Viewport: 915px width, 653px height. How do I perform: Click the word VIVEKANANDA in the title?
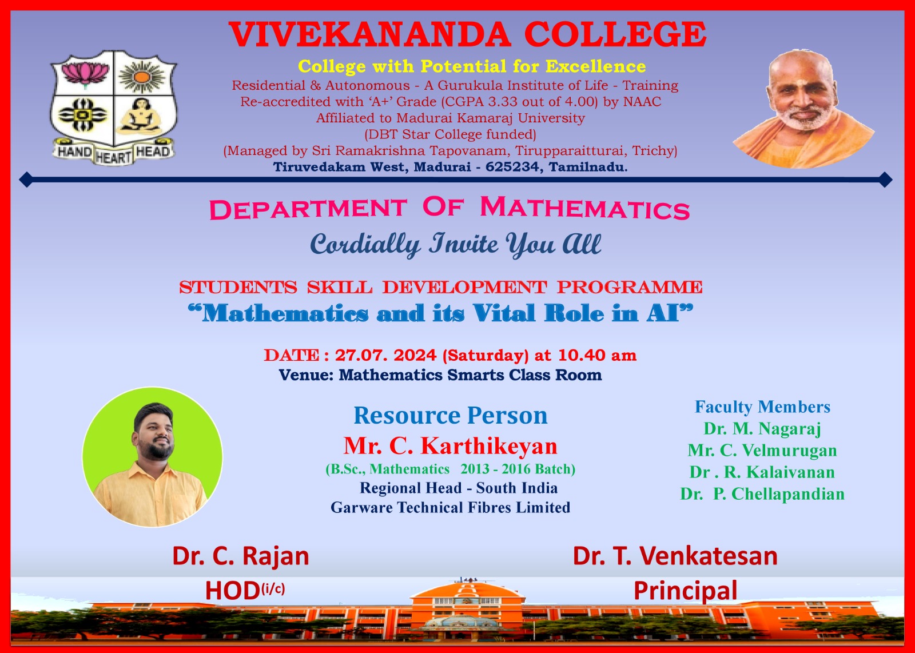(369, 34)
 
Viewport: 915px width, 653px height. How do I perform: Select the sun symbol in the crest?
(142, 76)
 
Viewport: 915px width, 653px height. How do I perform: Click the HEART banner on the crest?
(113, 157)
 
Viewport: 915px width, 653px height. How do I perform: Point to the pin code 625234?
(512, 166)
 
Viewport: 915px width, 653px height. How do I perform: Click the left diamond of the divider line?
(26, 180)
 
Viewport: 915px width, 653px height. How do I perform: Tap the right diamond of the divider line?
(885, 180)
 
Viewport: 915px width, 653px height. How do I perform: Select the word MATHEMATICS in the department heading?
(585, 208)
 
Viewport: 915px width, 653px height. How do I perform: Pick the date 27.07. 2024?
(385, 355)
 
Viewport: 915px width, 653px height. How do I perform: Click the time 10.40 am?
(597, 355)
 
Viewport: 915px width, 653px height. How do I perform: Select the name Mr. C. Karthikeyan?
(451, 446)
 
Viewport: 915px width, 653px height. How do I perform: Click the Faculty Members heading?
(763, 407)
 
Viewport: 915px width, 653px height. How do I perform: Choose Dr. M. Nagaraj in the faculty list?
(762, 428)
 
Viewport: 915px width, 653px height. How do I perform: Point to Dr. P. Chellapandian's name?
(762, 493)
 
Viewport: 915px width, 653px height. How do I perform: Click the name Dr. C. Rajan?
(241, 556)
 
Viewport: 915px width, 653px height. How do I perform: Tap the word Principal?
(686, 591)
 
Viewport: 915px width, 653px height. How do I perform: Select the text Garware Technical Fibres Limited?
(451, 507)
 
